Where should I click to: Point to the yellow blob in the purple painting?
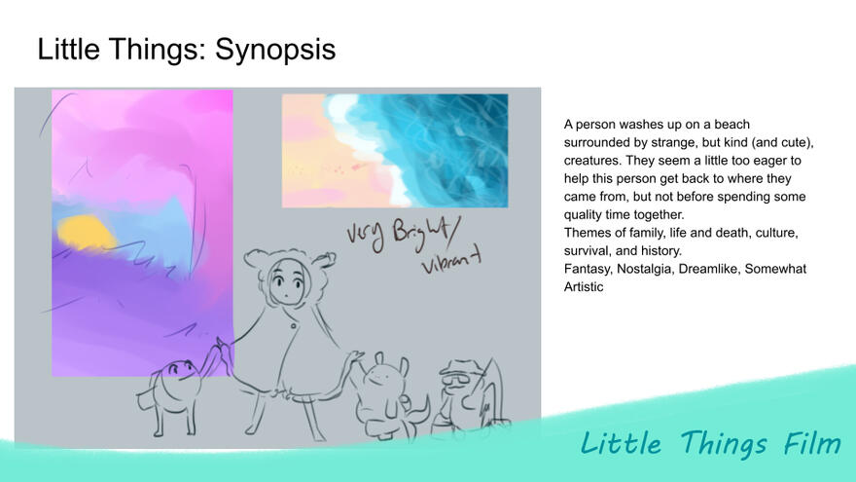[x=86, y=232]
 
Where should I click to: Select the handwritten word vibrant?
[x=454, y=266]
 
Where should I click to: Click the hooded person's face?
[x=286, y=284]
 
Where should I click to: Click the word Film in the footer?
[x=812, y=444]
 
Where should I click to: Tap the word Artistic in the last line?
[x=584, y=286]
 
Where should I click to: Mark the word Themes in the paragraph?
[x=587, y=233]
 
